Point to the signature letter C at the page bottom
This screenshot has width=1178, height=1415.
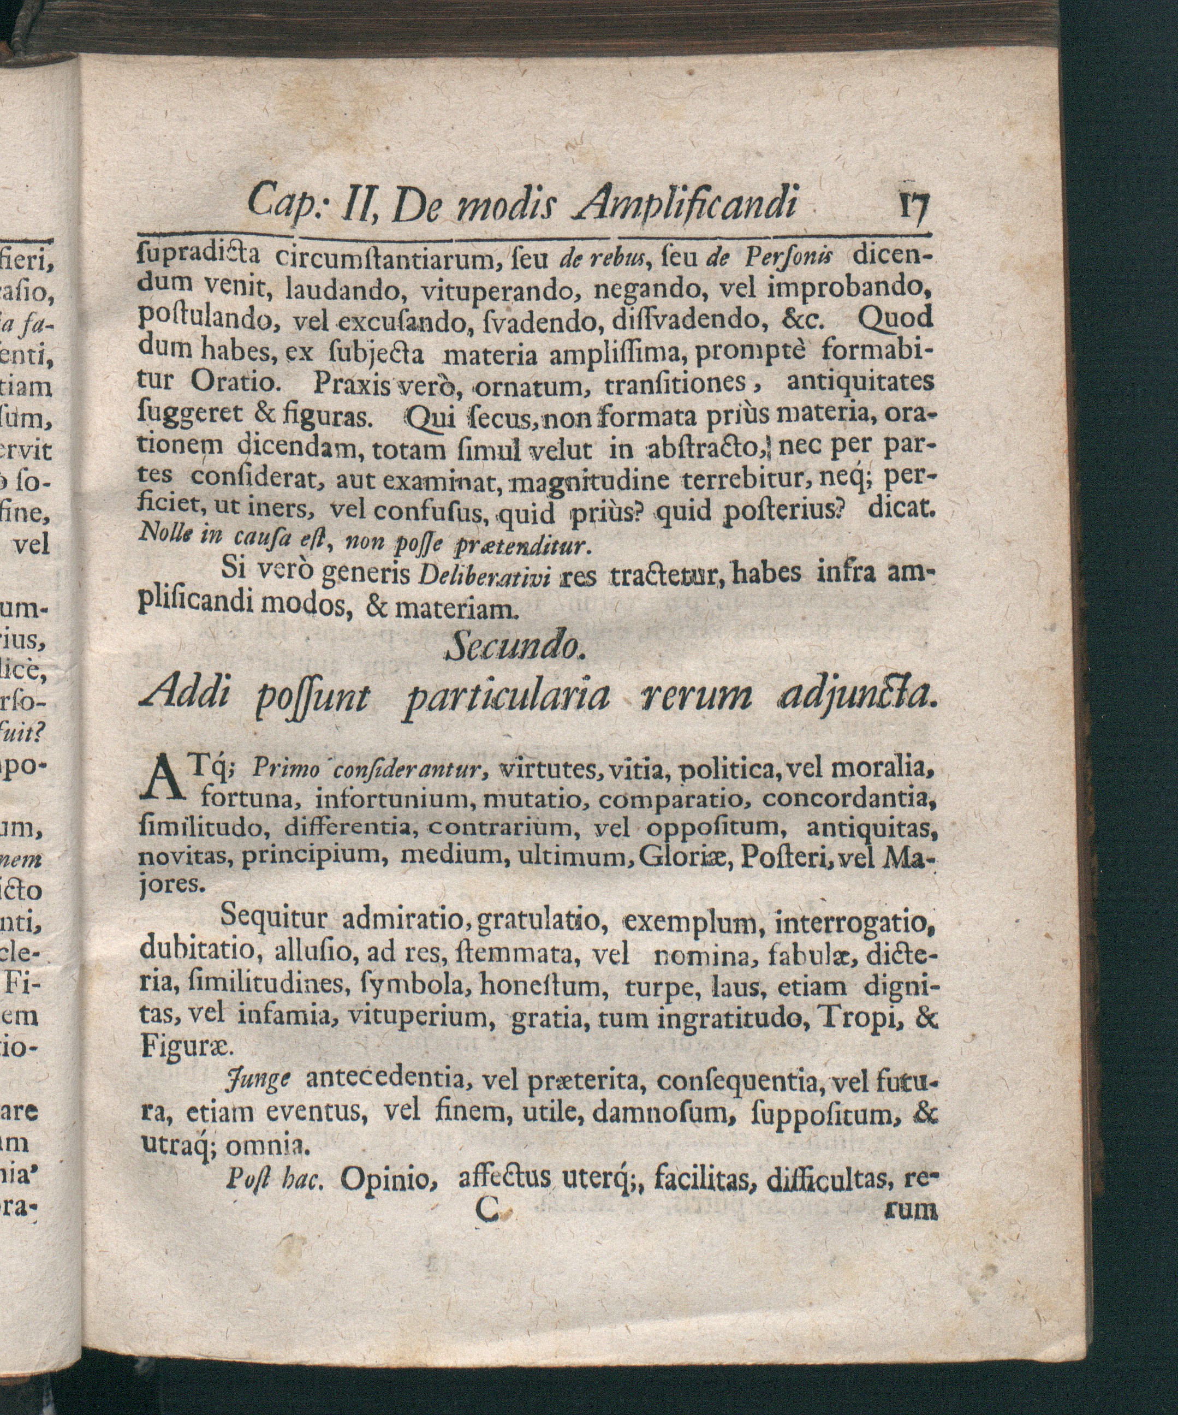(x=486, y=1211)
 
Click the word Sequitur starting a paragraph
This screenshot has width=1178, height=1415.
(x=273, y=918)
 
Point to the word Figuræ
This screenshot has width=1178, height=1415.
(x=187, y=1047)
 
